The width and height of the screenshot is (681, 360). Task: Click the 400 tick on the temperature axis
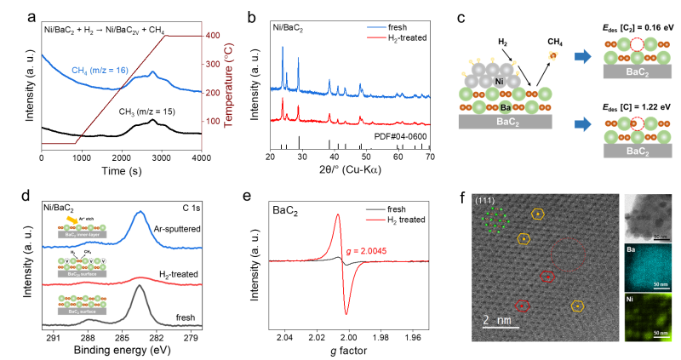coord(213,35)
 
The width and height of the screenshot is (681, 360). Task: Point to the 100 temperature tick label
coord(213,121)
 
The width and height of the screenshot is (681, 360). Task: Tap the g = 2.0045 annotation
coord(367,251)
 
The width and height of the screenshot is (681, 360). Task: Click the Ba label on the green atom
coord(505,108)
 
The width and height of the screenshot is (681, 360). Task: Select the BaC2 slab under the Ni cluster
coord(505,122)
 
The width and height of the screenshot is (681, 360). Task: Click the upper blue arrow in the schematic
coord(582,56)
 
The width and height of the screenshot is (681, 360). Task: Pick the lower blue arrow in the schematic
coord(582,124)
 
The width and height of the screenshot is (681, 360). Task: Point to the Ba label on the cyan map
coord(631,250)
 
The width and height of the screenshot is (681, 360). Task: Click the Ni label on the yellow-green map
coord(630,300)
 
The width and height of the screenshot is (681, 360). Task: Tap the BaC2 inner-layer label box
coord(82,235)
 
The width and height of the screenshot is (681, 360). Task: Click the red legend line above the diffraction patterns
coord(377,37)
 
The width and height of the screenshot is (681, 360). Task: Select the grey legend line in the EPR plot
coord(375,209)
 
